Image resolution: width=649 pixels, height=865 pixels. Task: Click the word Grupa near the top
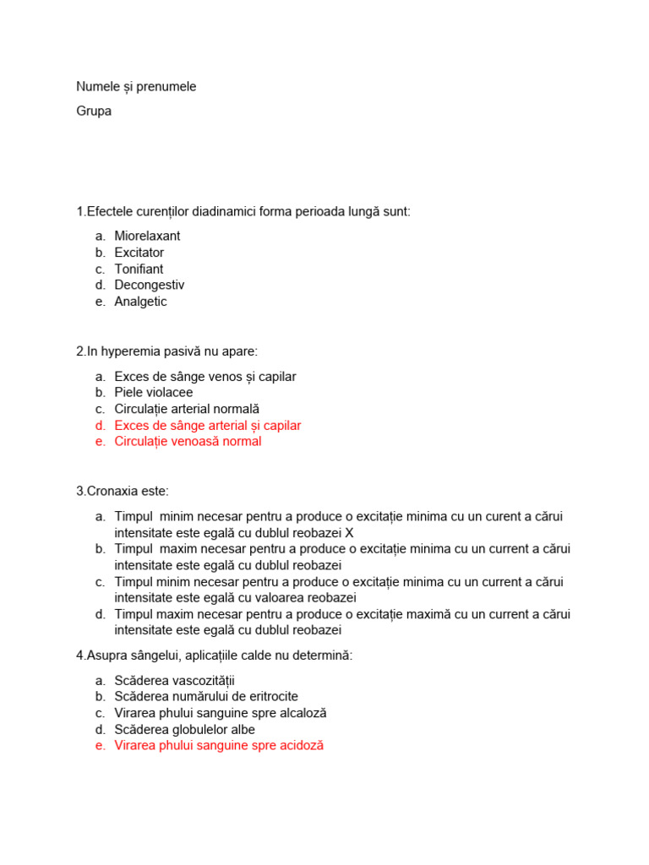[x=94, y=111]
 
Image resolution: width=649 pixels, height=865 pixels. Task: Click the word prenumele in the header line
[x=168, y=86]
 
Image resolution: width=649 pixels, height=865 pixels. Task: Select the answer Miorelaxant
[x=147, y=236]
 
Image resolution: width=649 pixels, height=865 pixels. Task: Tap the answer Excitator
[x=139, y=253]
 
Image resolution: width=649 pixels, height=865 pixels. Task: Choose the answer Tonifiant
[x=139, y=269]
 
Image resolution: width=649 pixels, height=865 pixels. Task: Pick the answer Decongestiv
[x=149, y=285]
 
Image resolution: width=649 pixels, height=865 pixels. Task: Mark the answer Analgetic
[x=140, y=302]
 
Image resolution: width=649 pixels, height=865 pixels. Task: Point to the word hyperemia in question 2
[x=123, y=351]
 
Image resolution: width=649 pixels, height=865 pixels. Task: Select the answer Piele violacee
[x=154, y=392]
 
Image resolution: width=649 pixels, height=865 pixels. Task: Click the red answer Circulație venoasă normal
[x=188, y=441]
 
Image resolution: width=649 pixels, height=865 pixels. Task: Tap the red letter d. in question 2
[x=100, y=425]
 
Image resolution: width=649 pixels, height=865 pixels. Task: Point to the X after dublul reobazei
[x=350, y=532]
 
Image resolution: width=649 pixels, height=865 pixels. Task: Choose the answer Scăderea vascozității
[x=177, y=680]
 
